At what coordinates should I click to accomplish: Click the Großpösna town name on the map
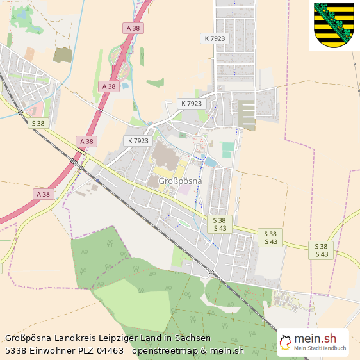coord(179,181)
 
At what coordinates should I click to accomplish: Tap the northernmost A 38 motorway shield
coord(133,28)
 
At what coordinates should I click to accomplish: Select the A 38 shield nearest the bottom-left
coord(43,193)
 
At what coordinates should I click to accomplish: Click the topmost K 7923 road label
coord(215,38)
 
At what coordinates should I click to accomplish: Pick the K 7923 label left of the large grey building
coord(138,141)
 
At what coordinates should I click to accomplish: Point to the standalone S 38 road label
coord(38,122)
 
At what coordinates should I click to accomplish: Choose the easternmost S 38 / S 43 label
coord(322,250)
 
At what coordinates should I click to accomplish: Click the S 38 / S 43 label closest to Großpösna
coord(220,224)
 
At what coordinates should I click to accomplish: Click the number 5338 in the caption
coord(16,350)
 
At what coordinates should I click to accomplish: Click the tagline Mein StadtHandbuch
coord(320,348)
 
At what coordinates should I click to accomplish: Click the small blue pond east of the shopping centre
coord(210,162)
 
